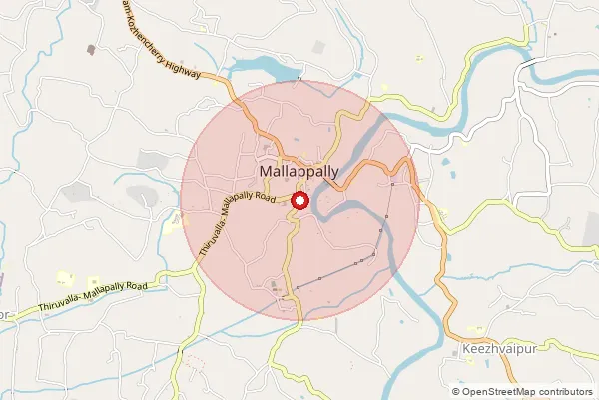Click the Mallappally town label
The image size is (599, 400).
pos(299,172)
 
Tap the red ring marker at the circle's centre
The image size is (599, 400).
pos(300,200)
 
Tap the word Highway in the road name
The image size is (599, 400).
pos(186,67)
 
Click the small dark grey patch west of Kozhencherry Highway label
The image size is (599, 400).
pos(92,48)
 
